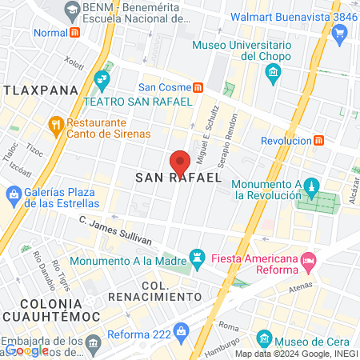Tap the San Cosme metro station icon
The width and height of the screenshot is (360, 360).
[198, 87]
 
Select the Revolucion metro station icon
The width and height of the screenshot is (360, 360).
[319, 140]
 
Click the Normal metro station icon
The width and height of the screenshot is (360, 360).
[75, 34]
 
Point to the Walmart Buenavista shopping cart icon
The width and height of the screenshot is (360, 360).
[340, 34]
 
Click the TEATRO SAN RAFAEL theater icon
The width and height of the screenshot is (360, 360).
[101, 79]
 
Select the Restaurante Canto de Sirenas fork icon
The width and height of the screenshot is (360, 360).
[55, 124]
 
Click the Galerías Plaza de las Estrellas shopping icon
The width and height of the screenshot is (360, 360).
[13, 194]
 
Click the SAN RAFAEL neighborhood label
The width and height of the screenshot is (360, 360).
[178, 178]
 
